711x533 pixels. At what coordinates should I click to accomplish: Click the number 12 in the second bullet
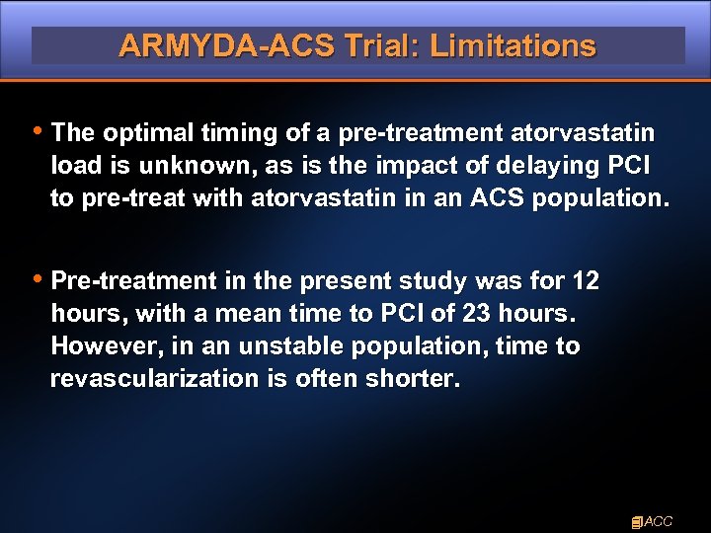coord(585,281)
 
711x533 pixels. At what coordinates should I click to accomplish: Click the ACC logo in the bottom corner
coord(652,520)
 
